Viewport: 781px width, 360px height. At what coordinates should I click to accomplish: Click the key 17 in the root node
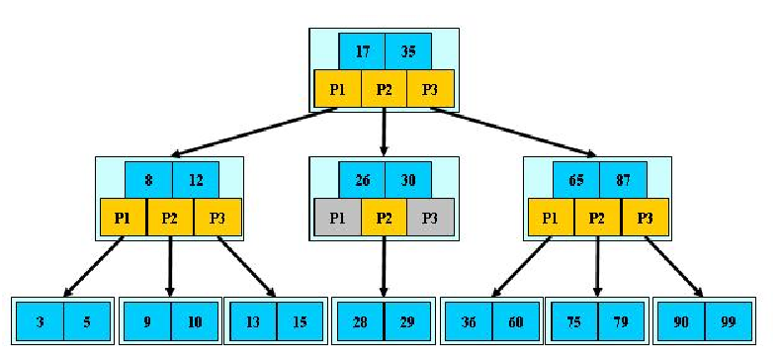[x=362, y=49]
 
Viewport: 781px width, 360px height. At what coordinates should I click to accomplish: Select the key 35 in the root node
[x=407, y=49]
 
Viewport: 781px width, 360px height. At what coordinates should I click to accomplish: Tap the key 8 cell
[x=148, y=179]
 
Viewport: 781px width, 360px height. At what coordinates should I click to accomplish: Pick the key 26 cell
[x=362, y=179]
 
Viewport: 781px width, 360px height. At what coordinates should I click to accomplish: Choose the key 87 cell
[x=623, y=179]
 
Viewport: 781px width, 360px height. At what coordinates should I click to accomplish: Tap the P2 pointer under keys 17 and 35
[x=385, y=88]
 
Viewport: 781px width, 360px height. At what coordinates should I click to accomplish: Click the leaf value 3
[x=41, y=320]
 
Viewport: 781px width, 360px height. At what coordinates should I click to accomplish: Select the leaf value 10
[x=194, y=320]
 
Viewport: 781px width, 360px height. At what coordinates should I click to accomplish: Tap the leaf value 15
[x=300, y=320]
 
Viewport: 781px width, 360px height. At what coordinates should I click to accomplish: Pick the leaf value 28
[x=361, y=320]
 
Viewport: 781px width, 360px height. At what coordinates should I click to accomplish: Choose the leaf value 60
[x=513, y=320]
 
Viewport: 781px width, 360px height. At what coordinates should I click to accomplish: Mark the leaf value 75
[x=573, y=320]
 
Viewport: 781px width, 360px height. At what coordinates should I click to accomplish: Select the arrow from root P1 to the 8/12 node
[x=257, y=133]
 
